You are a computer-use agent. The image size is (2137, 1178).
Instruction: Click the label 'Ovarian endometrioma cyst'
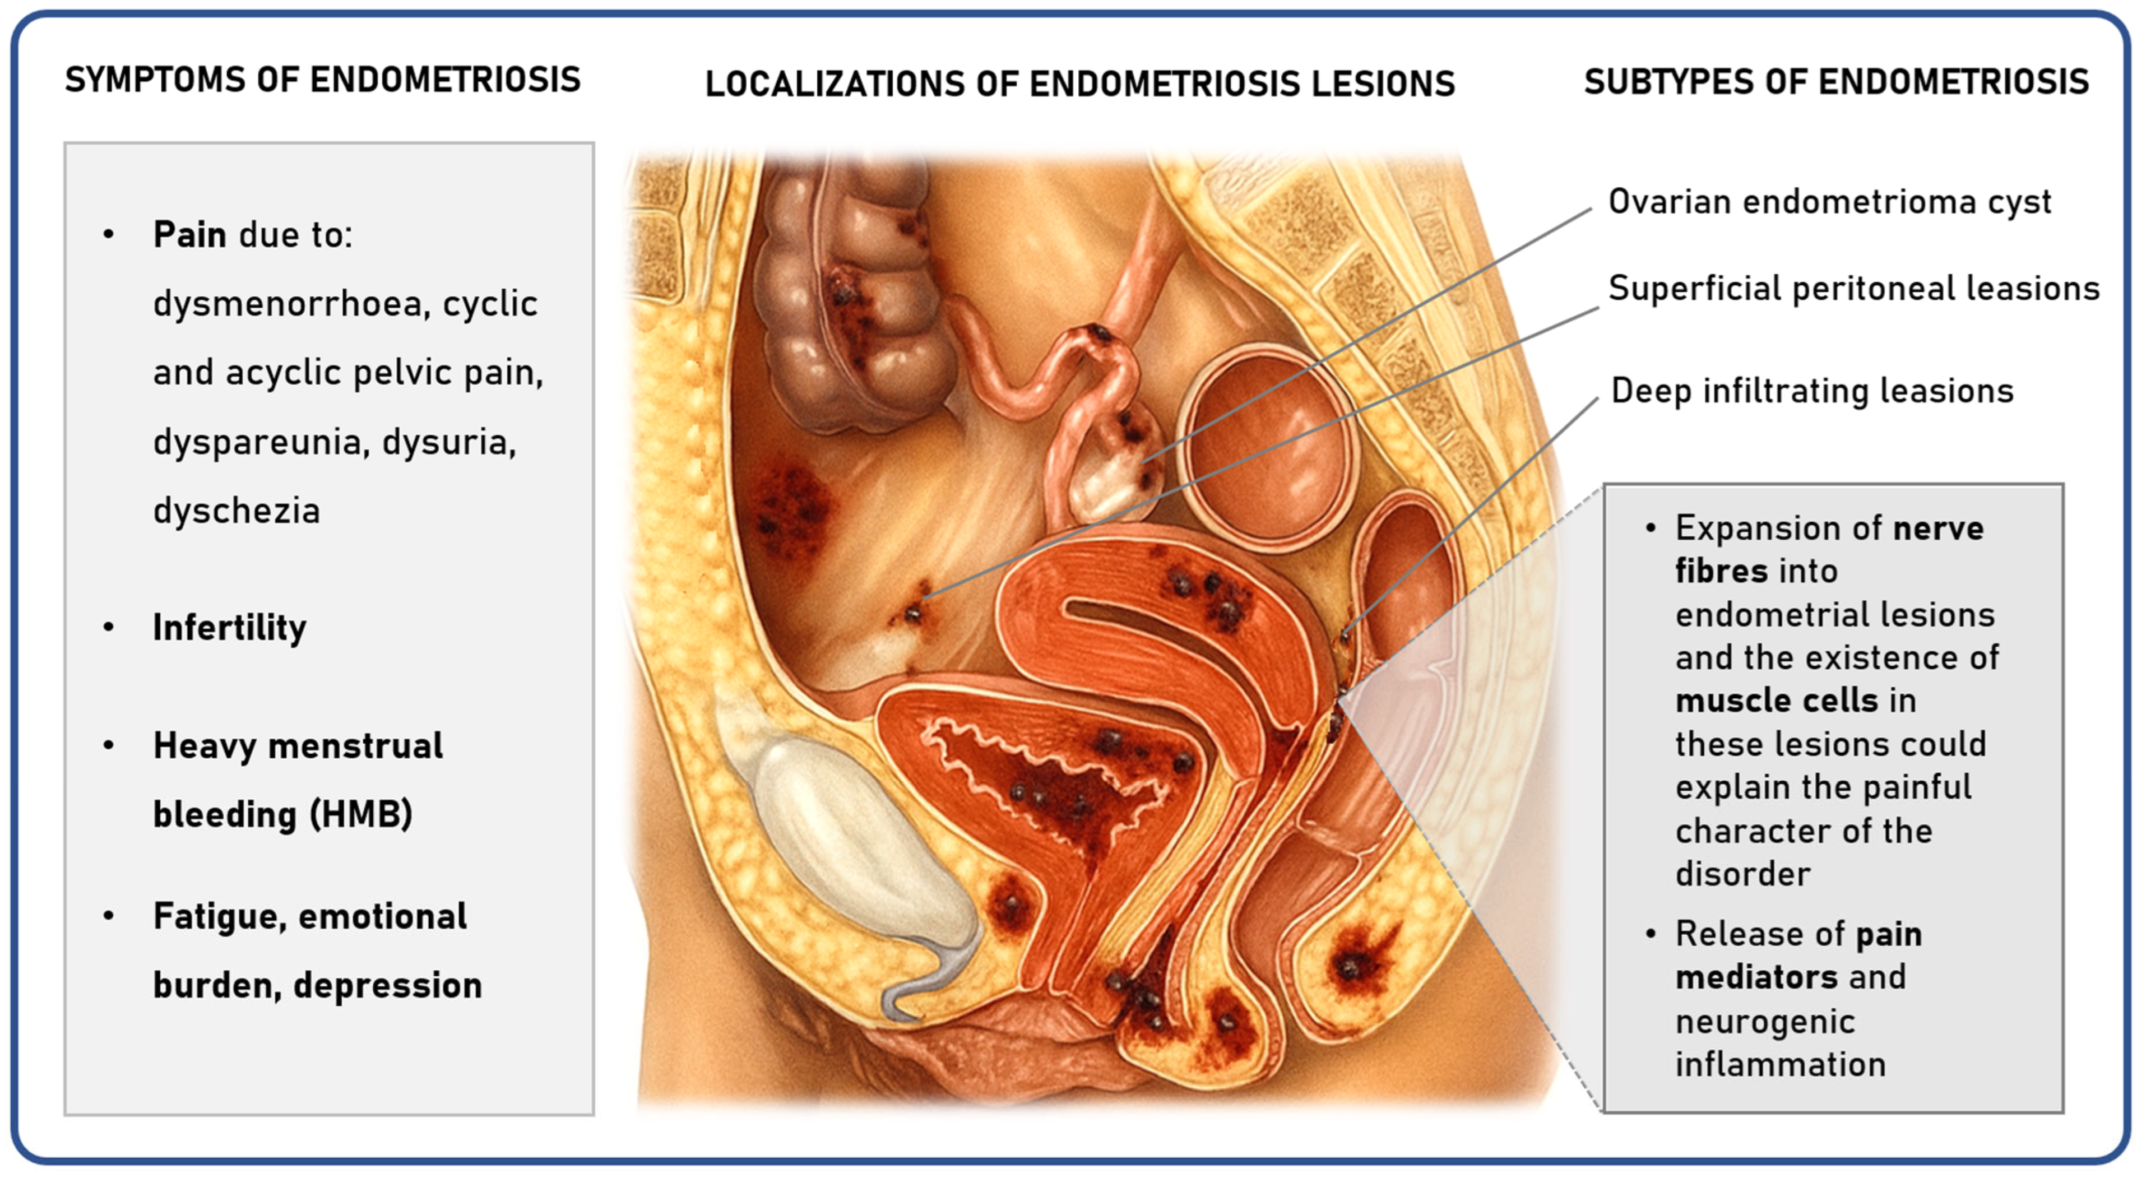pyautogui.click(x=1829, y=202)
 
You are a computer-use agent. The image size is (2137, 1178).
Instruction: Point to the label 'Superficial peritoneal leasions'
pyautogui.click(x=1853, y=289)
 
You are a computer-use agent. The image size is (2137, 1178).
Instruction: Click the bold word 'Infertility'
pyautogui.click(x=230, y=627)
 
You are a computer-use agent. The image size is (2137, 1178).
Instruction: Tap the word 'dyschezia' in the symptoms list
pyautogui.click(x=237, y=510)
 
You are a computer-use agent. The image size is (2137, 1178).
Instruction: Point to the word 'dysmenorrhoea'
pyautogui.click(x=290, y=304)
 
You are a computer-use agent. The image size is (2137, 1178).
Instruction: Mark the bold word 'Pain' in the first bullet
pyautogui.click(x=189, y=235)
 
